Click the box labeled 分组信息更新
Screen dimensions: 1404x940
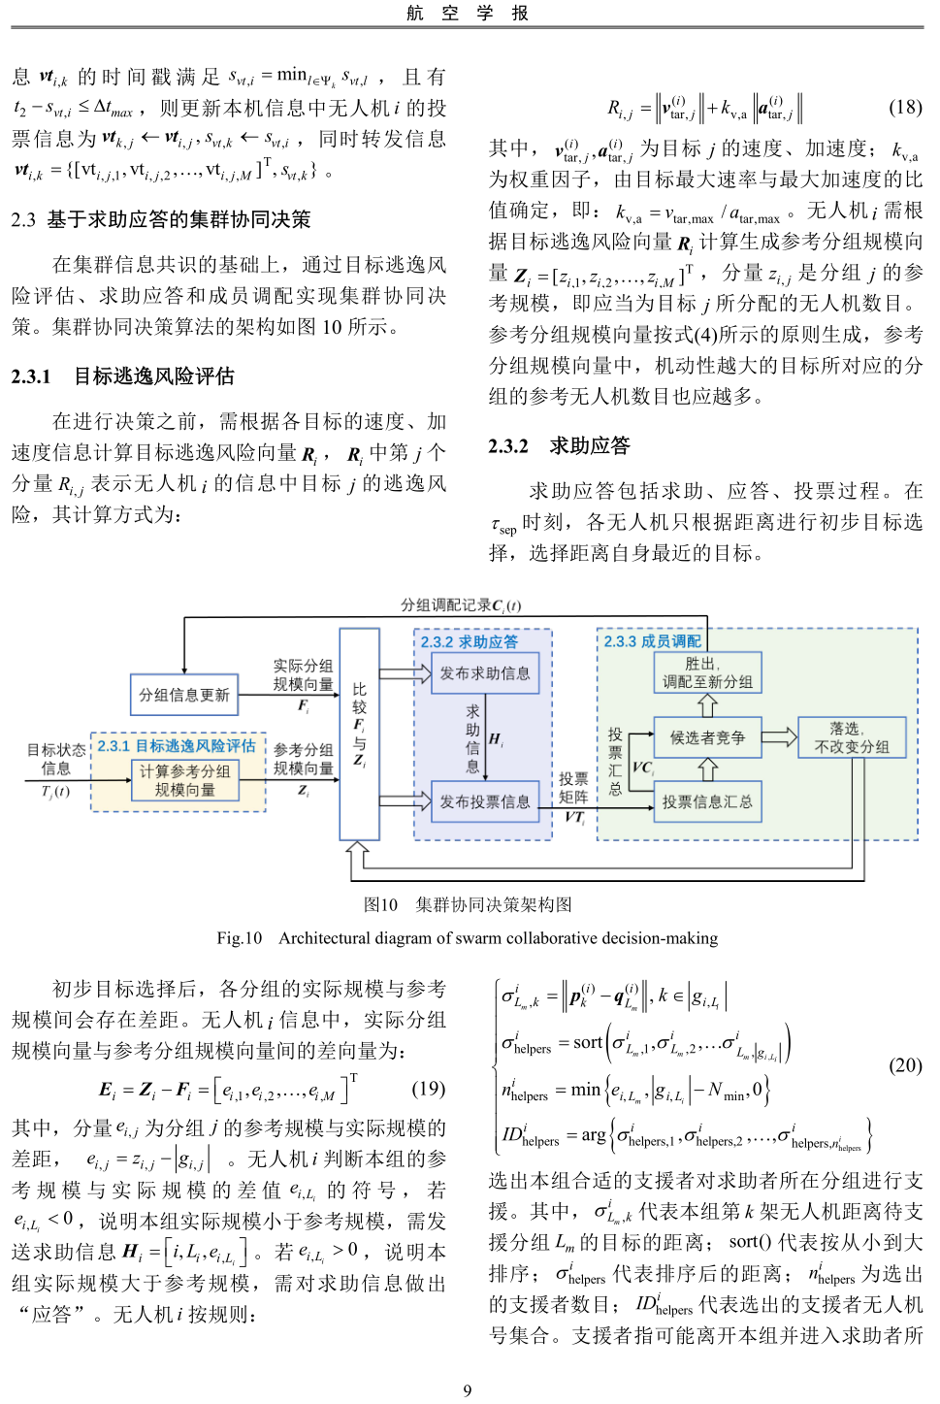184,695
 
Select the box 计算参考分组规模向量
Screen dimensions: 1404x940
184,780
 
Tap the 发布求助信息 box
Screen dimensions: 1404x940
485,673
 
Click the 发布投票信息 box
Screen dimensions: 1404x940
485,801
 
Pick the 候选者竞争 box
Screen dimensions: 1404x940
707,737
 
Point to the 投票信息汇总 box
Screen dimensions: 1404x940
707,802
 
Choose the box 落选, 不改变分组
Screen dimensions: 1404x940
852,737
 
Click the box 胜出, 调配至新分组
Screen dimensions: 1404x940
707,672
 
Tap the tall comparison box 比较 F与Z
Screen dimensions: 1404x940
359,734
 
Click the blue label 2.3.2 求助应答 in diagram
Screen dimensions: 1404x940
470,642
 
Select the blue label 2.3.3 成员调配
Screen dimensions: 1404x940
652,641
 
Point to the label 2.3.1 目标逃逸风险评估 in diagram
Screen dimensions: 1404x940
177,745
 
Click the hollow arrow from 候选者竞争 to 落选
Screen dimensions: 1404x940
778,737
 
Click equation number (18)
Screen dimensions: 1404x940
905,107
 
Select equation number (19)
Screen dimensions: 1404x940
428,1088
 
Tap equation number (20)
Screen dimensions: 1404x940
905,1064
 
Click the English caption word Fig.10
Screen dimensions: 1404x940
240,938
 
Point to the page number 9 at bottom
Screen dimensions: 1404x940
468,1390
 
